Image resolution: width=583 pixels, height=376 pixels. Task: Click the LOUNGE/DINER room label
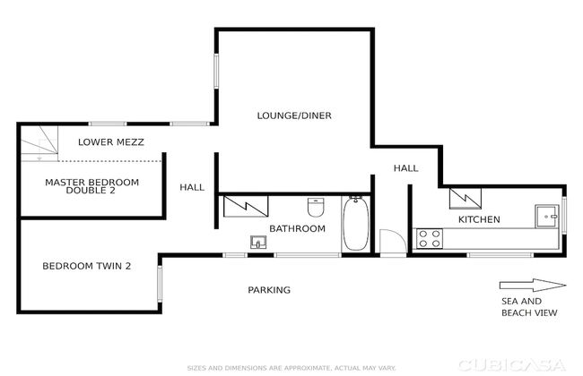tap(294, 115)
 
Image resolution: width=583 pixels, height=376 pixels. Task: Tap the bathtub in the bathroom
tap(356, 224)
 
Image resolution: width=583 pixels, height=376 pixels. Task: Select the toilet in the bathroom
tap(316, 207)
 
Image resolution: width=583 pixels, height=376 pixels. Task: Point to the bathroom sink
tap(258, 243)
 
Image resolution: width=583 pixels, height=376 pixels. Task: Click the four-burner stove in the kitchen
tap(430, 238)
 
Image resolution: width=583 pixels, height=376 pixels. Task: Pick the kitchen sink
tap(547, 216)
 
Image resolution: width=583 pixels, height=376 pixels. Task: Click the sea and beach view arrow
tap(533, 285)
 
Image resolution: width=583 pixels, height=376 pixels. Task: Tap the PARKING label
tap(269, 290)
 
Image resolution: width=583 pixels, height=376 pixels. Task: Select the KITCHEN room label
tap(479, 219)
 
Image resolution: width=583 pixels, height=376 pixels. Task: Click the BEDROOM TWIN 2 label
tap(87, 266)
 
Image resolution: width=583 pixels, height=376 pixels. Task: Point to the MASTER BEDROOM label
tap(91, 183)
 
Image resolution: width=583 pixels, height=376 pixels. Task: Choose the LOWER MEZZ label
tap(111, 141)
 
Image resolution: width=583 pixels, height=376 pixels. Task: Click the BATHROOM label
tap(297, 228)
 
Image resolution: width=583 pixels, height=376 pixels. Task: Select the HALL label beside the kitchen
tap(405, 168)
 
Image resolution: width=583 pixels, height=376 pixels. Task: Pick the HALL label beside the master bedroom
tap(192, 187)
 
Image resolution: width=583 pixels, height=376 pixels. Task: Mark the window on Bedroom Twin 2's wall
tap(160, 284)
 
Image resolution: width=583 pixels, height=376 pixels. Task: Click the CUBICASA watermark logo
tap(512, 365)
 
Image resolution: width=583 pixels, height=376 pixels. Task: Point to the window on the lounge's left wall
tap(216, 72)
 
